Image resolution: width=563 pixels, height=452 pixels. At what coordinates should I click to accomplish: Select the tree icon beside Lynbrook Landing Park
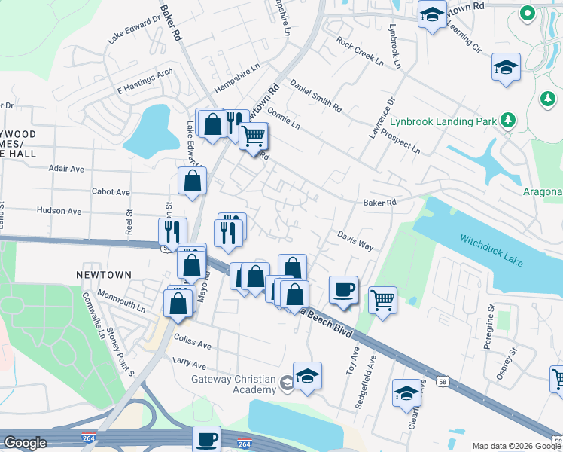tap(509, 120)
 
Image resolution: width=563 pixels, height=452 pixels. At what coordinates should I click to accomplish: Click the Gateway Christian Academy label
tap(233, 384)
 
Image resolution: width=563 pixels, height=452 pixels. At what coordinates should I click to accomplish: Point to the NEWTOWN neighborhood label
tap(104, 276)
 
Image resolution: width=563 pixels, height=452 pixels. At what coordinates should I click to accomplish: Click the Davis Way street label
tap(355, 240)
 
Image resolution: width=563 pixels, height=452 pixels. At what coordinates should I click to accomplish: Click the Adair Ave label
tap(67, 169)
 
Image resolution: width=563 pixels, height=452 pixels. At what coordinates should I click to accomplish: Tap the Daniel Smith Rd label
tap(315, 96)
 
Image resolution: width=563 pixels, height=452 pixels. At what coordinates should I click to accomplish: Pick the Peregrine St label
tap(490, 323)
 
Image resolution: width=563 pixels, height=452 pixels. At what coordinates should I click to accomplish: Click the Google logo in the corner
tap(25, 443)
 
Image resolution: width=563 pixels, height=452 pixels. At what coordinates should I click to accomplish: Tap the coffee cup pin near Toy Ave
tap(344, 290)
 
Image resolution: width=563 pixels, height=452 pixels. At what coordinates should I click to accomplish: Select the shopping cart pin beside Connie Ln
tap(254, 136)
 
